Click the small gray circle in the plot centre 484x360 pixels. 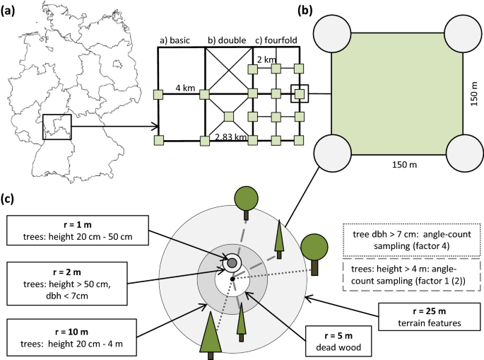[231, 263]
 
